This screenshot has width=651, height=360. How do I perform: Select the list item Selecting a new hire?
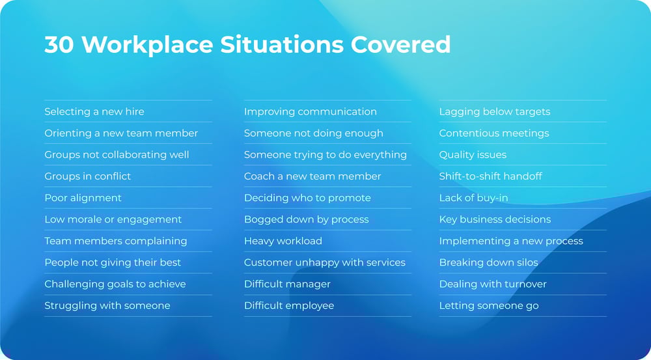pyautogui.click(x=94, y=111)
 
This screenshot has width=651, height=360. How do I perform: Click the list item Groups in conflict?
pyautogui.click(x=87, y=176)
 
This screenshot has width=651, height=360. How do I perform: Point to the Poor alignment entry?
pyautogui.click(x=83, y=197)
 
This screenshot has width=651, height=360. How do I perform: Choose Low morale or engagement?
pyautogui.click(x=113, y=219)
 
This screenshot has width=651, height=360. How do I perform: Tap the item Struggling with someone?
pyautogui.click(x=107, y=305)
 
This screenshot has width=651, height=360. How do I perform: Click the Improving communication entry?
pyautogui.click(x=310, y=111)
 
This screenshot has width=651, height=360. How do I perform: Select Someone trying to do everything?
pyautogui.click(x=325, y=154)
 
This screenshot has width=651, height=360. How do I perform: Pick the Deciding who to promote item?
pyautogui.click(x=307, y=197)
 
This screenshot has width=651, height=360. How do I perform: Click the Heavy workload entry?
pyautogui.click(x=283, y=241)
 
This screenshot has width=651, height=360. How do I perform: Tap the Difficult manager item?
pyautogui.click(x=287, y=284)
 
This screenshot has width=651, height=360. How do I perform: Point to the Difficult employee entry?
pyautogui.click(x=288, y=305)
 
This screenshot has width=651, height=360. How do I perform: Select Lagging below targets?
pyautogui.click(x=494, y=111)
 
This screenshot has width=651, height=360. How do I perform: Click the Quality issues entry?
pyautogui.click(x=473, y=154)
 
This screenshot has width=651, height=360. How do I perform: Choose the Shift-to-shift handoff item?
pyautogui.click(x=490, y=176)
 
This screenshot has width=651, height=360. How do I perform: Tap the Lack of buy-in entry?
pyautogui.click(x=473, y=197)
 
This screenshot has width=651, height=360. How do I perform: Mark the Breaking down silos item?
pyautogui.click(x=488, y=262)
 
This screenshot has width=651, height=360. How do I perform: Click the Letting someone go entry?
pyautogui.click(x=488, y=305)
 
